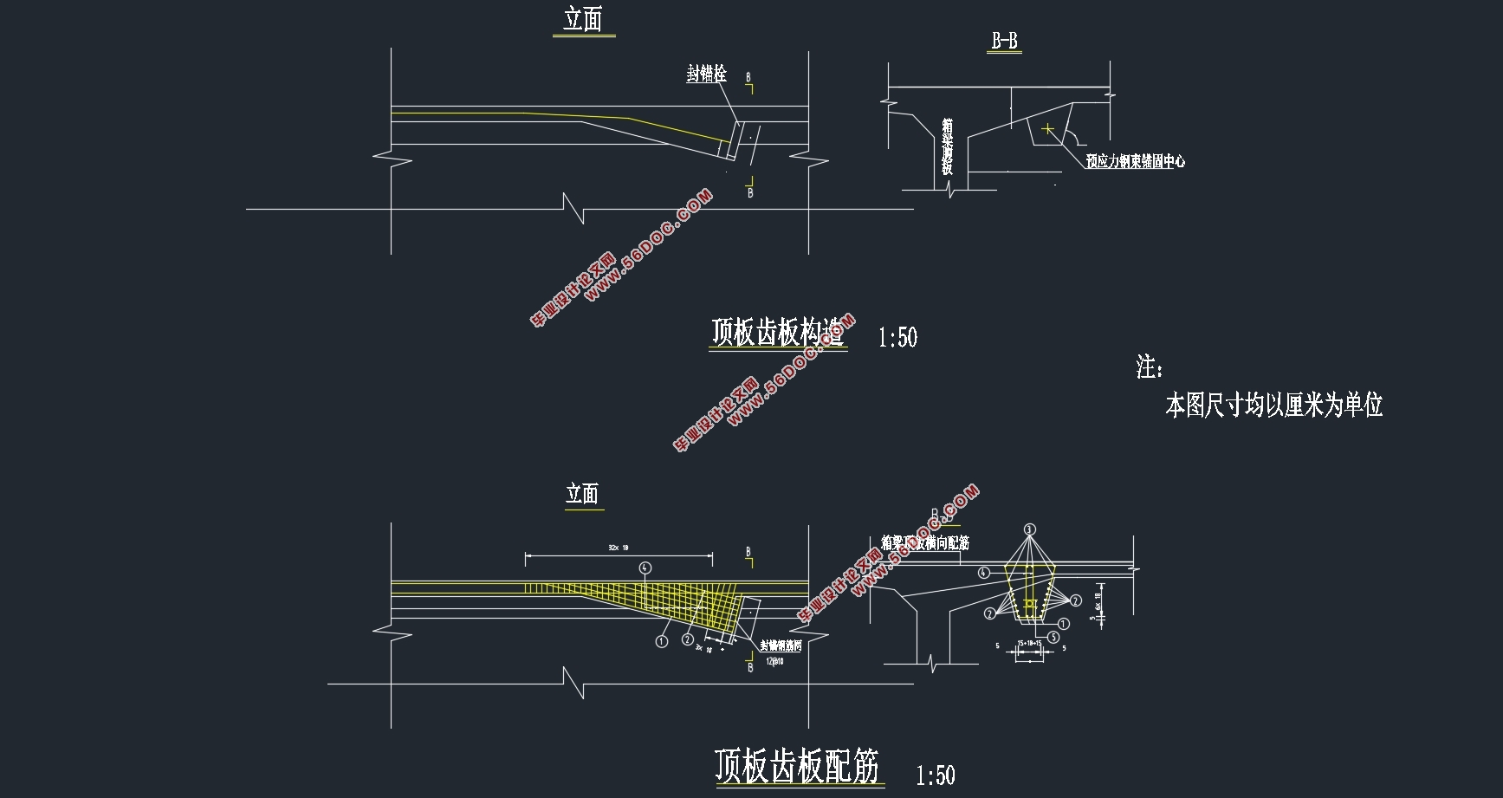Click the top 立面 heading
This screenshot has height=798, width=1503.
tap(582, 20)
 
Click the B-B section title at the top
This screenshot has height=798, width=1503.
tap(1004, 41)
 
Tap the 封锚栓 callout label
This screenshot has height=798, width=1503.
tap(706, 75)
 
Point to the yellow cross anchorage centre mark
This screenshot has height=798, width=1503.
tap(1047, 129)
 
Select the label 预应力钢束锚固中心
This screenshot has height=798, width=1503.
tap(1135, 161)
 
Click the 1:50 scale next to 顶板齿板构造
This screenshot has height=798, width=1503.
tap(897, 338)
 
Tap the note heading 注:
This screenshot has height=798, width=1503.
tap(1149, 367)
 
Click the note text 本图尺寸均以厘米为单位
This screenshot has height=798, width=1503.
tap(1273, 405)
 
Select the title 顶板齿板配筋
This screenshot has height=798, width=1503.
tap(797, 766)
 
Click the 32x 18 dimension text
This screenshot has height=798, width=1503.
tap(619, 548)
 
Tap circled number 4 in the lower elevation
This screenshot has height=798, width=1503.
tap(645, 568)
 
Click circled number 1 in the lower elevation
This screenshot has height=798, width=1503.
tap(662, 642)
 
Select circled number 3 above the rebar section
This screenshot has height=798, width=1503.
tap(1029, 529)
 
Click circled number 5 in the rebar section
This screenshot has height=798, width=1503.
tap(1053, 637)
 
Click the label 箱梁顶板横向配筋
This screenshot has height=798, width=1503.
tap(924, 543)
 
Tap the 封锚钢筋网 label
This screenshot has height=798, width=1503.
tap(781, 646)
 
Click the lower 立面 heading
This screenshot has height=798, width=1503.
tap(582, 494)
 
